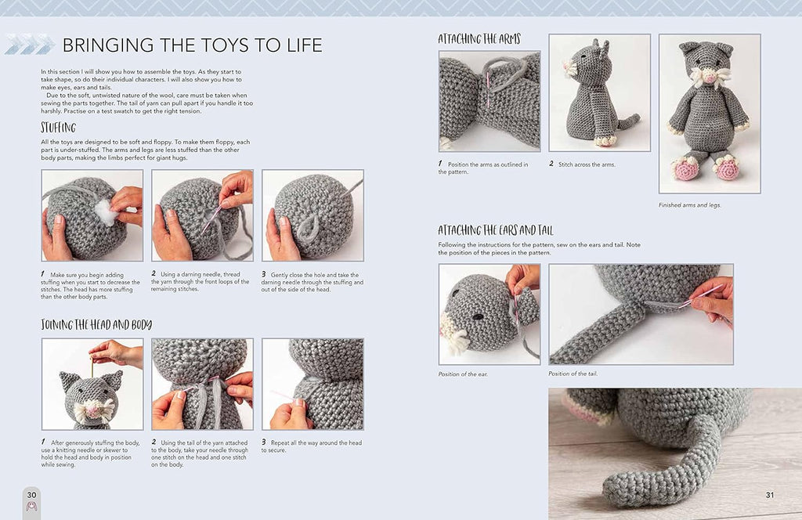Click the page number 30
pos(31,494)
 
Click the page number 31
pos(770,494)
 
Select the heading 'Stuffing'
pos(58,128)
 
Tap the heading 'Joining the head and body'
pos(96,325)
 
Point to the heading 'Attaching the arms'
pos(479,39)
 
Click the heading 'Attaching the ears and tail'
pos(495,230)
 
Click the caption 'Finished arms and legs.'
pos(689,205)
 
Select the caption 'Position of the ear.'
pos(463,374)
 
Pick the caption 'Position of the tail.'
pos(573,374)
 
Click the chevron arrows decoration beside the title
pos(30,45)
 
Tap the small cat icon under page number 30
pos(31,507)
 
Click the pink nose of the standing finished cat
pos(709,78)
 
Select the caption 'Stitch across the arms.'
pos(587,164)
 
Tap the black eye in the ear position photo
pos(478,316)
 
